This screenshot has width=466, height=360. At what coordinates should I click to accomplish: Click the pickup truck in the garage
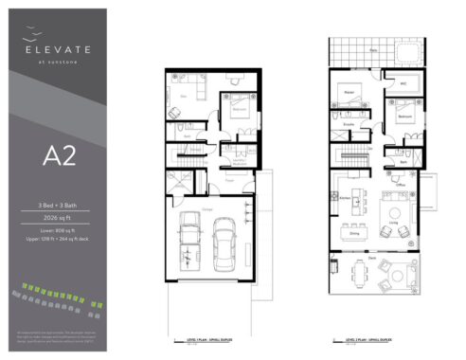[189, 242]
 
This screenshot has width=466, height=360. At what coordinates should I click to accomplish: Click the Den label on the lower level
[183, 96]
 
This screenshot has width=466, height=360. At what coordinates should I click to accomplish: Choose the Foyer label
[229, 174]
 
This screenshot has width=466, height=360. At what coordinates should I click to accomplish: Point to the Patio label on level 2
[373, 48]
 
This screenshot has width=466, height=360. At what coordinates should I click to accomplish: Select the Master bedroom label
[349, 91]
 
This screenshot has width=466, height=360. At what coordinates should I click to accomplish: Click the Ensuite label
[349, 124]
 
